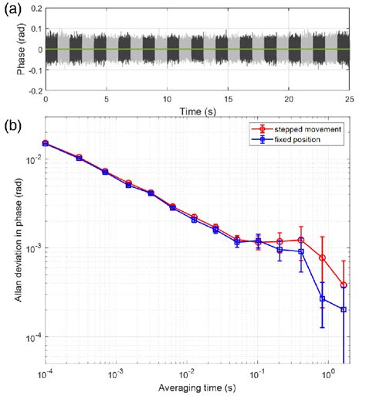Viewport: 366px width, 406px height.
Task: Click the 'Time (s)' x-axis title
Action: click(x=196, y=111)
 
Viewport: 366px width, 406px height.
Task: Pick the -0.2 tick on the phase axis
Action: click(x=32, y=90)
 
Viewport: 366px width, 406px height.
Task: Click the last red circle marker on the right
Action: click(x=344, y=285)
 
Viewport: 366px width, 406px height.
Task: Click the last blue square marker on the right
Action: click(x=344, y=309)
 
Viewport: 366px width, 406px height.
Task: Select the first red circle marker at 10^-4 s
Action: click(x=46, y=142)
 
